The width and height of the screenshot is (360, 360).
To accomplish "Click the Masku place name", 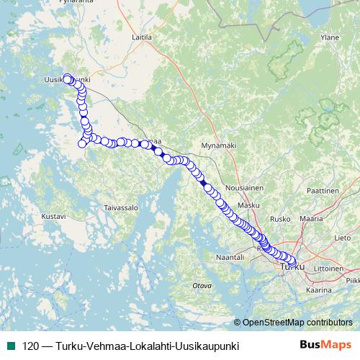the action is (x=248, y=205).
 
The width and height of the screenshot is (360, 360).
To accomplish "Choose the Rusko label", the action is (x=279, y=218).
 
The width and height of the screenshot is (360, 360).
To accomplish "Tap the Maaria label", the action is (x=312, y=217).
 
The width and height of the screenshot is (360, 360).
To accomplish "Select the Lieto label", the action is (x=343, y=237).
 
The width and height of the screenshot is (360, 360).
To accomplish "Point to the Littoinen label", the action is (x=328, y=266).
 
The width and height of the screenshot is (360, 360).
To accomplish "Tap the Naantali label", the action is (x=230, y=256).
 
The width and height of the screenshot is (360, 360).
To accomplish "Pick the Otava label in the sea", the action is (x=202, y=286).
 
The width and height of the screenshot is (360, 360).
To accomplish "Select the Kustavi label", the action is (x=53, y=215).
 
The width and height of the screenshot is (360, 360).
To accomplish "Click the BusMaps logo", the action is (x=325, y=346).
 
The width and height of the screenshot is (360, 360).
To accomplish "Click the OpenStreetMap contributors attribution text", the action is (x=297, y=322).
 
